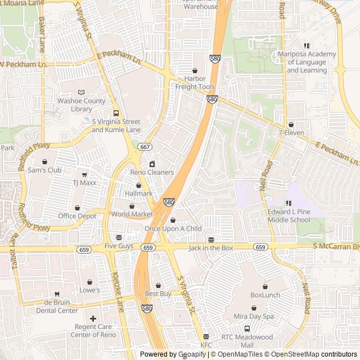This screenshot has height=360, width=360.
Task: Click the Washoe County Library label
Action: pyautogui.click(x=82, y=105)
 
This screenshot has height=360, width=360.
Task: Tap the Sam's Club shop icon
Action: pyautogui.click(x=44, y=161)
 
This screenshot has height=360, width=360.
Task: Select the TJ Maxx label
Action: pyautogui.click(x=84, y=183)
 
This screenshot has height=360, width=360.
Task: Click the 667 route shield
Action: pyautogui.click(x=145, y=147)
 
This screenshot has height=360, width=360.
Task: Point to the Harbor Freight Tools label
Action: pyautogui.click(x=195, y=83)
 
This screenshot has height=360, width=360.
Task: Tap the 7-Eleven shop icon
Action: pyautogui.click(x=291, y=124)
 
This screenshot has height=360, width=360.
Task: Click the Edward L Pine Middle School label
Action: pyautogui.click(x=289, y=216)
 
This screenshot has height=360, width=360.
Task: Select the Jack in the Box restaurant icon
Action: pyautogui.click(x=211, y=239)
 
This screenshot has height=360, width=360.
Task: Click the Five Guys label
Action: pyautogui.click(x=118, y=246)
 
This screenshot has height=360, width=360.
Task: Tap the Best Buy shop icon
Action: pyautogui.click(x=158, y=285)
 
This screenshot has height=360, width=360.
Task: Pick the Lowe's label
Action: pyautogui.click(x=89, y=290)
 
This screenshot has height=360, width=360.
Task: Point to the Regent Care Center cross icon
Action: pyautogui.click(x=93, y=318)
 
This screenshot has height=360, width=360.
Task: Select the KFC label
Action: pyautogui.click(x=206, y=345)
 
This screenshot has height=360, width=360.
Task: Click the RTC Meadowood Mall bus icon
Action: pyautogui.click(x=247, y=328)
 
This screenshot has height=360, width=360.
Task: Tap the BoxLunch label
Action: pyautogui.click(x=265, y=295)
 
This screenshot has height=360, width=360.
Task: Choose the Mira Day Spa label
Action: pyautogui.click(x=254, y=316)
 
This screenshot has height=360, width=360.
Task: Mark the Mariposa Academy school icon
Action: pyautogui.click(x=307, y=46)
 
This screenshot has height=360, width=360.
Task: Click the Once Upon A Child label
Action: pyautogui.click(x=173, y=228)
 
